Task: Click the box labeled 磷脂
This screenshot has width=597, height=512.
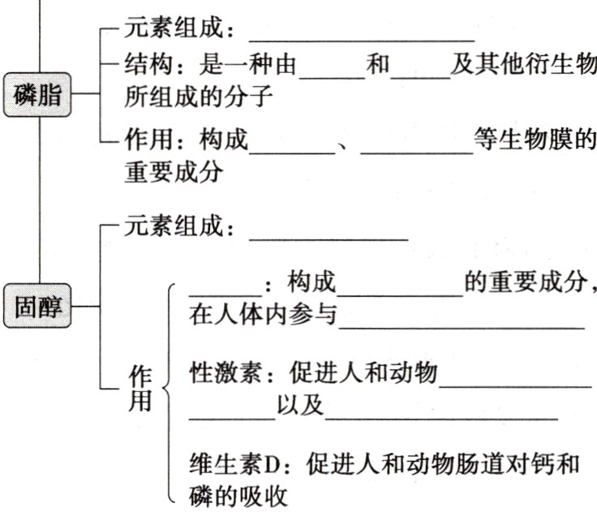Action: coord(37,94)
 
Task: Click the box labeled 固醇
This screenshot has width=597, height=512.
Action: coord(37,307)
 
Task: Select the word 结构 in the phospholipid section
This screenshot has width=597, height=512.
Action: coord(143,64)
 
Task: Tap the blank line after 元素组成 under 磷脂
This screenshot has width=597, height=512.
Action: coord(361,34)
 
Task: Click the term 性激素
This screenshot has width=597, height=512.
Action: coord(221,374)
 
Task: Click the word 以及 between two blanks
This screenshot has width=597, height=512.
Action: coord(299,407)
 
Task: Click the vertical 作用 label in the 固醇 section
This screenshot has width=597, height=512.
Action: coord(140,388)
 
